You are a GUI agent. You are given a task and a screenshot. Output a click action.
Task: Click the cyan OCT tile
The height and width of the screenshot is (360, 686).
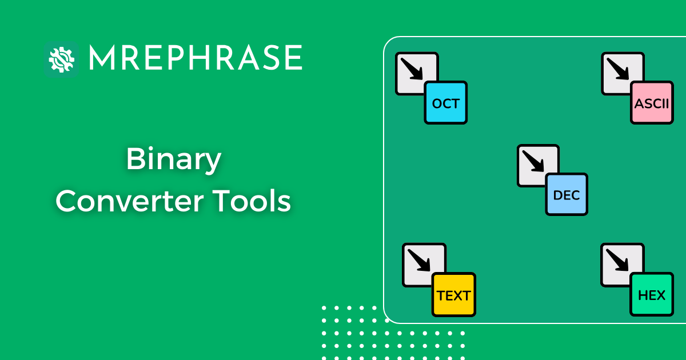click(446, 103)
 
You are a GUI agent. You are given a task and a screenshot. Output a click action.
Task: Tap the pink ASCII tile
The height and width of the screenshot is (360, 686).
click(652, 103)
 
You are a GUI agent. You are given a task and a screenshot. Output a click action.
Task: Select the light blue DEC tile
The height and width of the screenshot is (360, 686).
click(567, 194)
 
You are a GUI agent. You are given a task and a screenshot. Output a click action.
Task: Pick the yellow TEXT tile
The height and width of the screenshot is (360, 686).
click(454, 295)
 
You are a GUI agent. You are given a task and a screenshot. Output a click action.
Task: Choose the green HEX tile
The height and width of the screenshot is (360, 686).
click(652, 295)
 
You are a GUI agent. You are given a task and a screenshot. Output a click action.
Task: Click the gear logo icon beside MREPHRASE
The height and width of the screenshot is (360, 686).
click(61, 58)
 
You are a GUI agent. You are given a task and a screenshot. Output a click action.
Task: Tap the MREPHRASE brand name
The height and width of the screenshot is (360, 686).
click(195, 58)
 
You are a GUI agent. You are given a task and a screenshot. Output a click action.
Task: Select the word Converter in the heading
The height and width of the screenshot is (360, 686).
click(131, 201)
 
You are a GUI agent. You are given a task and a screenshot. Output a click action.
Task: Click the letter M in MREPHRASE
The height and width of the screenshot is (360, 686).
click(102, 58)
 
